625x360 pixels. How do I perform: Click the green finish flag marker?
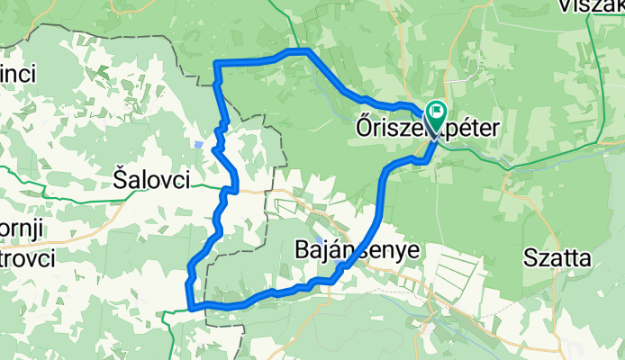437,113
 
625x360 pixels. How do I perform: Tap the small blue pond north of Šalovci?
196,143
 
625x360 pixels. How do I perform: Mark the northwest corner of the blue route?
216,62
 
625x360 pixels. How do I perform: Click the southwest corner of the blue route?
189,306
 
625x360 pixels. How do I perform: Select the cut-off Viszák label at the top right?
590,6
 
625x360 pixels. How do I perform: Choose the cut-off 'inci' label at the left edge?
17,75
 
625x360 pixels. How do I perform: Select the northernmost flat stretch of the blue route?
297,50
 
